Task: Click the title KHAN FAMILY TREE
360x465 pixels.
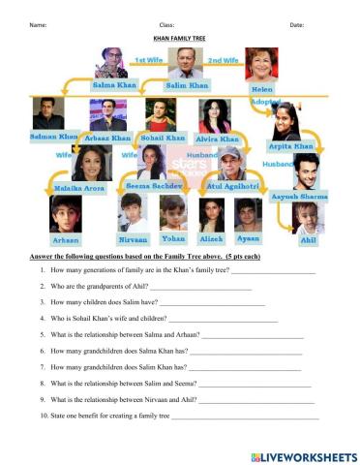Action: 180,40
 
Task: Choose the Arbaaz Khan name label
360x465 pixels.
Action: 108,138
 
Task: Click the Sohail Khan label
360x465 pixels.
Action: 163,138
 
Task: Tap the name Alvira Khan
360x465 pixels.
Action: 218,139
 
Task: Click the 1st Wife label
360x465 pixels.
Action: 148,60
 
